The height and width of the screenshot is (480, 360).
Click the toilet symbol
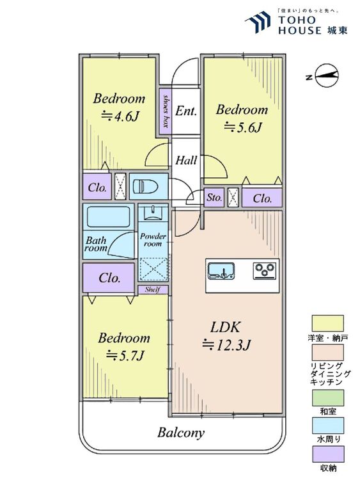(145, 186)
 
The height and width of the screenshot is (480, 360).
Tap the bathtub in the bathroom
(109, 217)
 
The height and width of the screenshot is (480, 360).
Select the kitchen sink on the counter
(221, 271)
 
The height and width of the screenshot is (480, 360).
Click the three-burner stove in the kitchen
(265, 271)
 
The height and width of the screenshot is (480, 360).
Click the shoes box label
(166, 111)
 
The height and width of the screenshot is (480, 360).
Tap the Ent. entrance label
(186, 111)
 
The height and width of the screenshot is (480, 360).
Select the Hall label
(186, 160)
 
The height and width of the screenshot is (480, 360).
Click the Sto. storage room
(214, 198)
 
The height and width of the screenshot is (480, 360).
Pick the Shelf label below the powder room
(152, 289)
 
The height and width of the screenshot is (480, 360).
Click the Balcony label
(181, 433)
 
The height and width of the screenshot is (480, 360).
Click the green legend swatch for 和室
(327, 397)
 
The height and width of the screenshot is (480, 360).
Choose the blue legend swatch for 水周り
(327, 426)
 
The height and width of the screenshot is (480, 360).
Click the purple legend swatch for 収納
(327, 454)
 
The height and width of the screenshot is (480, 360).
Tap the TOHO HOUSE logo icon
(259, 21)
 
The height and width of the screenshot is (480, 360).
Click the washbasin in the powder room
(153, 212)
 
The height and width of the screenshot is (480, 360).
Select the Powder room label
(153, 240)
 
